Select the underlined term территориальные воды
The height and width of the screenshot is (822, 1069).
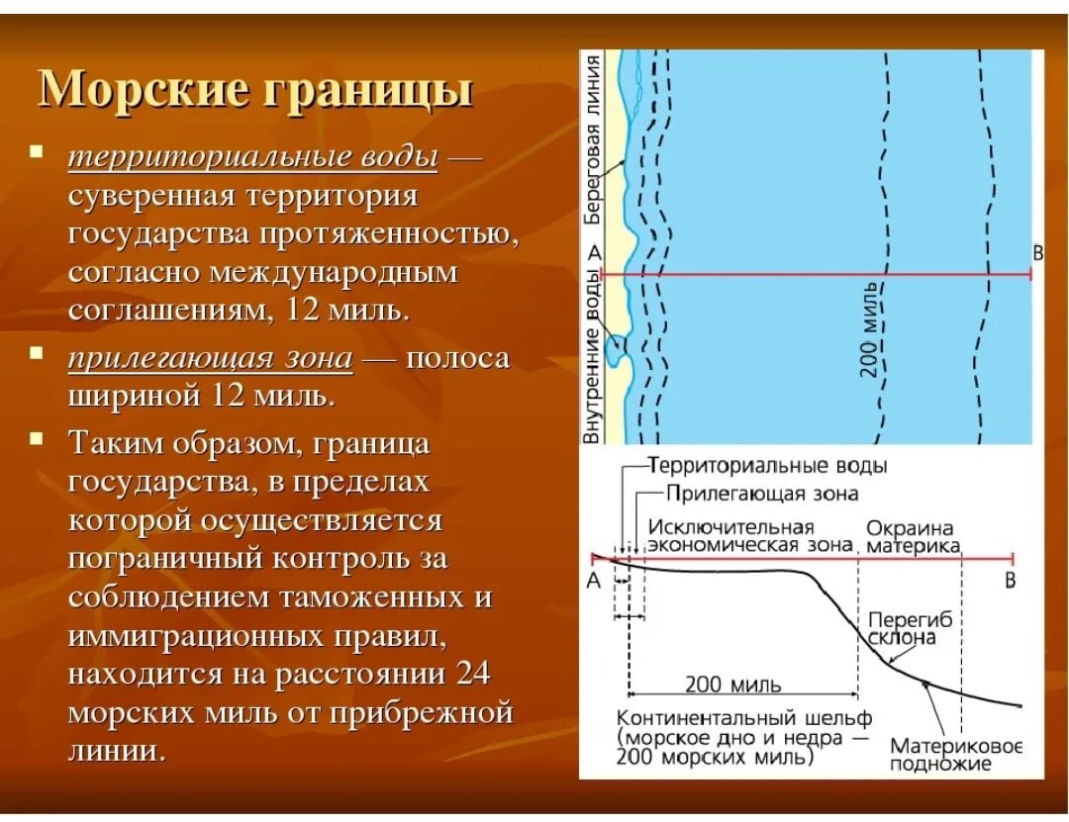pyautogui.click(x=252, y=157)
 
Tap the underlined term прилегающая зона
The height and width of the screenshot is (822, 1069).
pyautogui.click(x=210, y=358)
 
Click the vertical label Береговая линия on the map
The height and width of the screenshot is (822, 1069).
pyautogui.click(x=593, y=139)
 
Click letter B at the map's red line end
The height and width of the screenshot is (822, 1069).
pyautogui.click(x=1037, y=253)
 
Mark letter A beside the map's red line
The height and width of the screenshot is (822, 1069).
pyautogui.click(x=594, y=254)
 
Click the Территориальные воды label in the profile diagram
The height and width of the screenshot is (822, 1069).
pyautogui.click(x=768, y=466)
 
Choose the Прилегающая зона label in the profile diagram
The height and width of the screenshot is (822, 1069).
pyautogui.click(x=761, y=493)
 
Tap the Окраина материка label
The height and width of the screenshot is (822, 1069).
pyautogui.click(x=911, y=536)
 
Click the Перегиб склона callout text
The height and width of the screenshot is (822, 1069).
pyautogui.click(x=908, y=628)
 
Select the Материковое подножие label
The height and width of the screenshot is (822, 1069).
pyautogui.click(x=954, y=754)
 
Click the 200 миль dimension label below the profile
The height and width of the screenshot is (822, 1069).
pyautogui.click(x=733, y=685)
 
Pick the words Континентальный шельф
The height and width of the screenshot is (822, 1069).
pyautogui.click(x=743, y=718)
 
